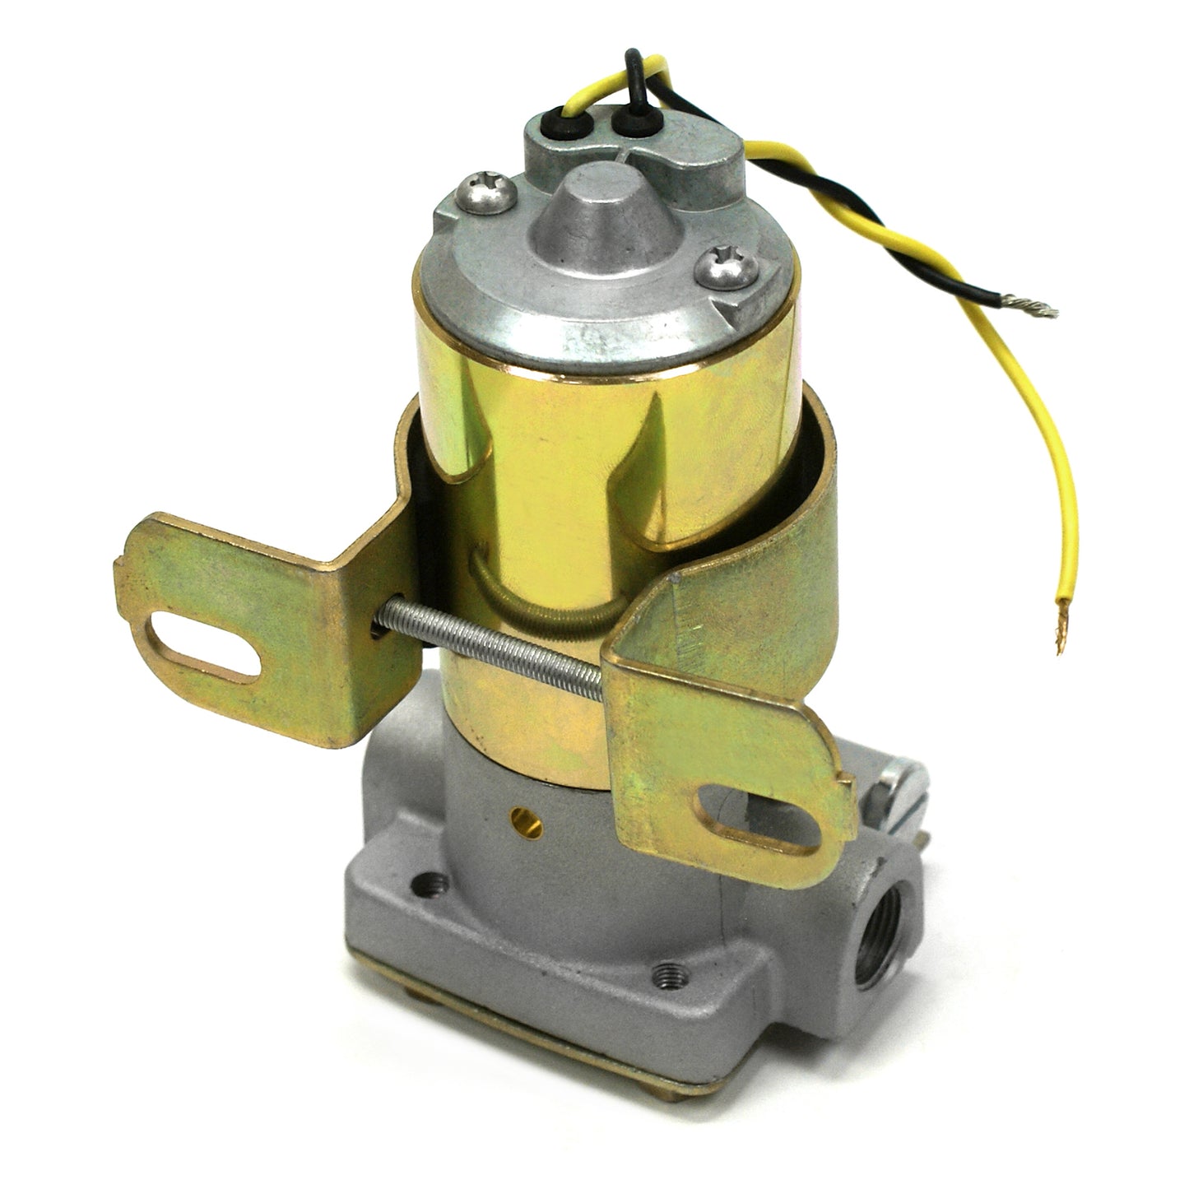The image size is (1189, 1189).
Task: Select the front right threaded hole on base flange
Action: pos(665,974)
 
